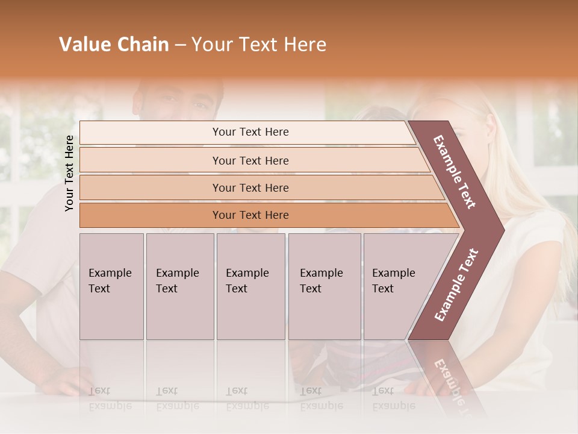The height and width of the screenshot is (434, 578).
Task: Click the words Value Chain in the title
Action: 114,45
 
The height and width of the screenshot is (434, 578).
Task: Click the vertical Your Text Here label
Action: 69,173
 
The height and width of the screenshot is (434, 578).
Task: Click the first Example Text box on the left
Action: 111,286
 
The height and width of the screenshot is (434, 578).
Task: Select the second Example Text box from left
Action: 180,286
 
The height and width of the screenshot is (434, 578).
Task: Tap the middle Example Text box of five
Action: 250,286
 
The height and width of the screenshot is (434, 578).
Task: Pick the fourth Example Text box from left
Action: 325,286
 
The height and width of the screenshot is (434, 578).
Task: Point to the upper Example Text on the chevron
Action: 455,172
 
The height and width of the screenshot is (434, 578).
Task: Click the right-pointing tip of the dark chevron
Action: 500,230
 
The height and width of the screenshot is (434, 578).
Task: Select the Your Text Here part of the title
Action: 259,45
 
